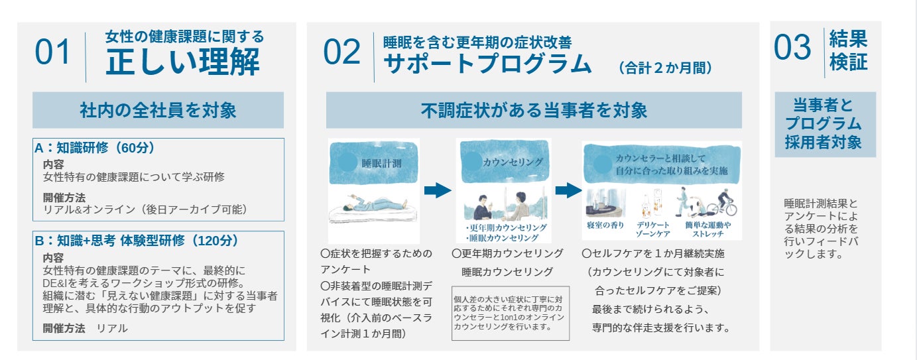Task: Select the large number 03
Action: [x=792, y=48]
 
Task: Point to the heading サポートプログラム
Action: [x=487, y=64]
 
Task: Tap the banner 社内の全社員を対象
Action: [x=158, y=110]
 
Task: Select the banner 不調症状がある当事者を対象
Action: [x=534, y=110]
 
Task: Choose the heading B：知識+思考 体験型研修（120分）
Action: [x=137, y=240]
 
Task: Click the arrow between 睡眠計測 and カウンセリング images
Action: [x=438, y=191]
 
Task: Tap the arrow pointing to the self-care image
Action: [x=568, y=191]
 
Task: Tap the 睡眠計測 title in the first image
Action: [x=381, y=162]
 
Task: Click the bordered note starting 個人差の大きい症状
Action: [x=510, y=312]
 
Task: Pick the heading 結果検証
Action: [x=848, y=50]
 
